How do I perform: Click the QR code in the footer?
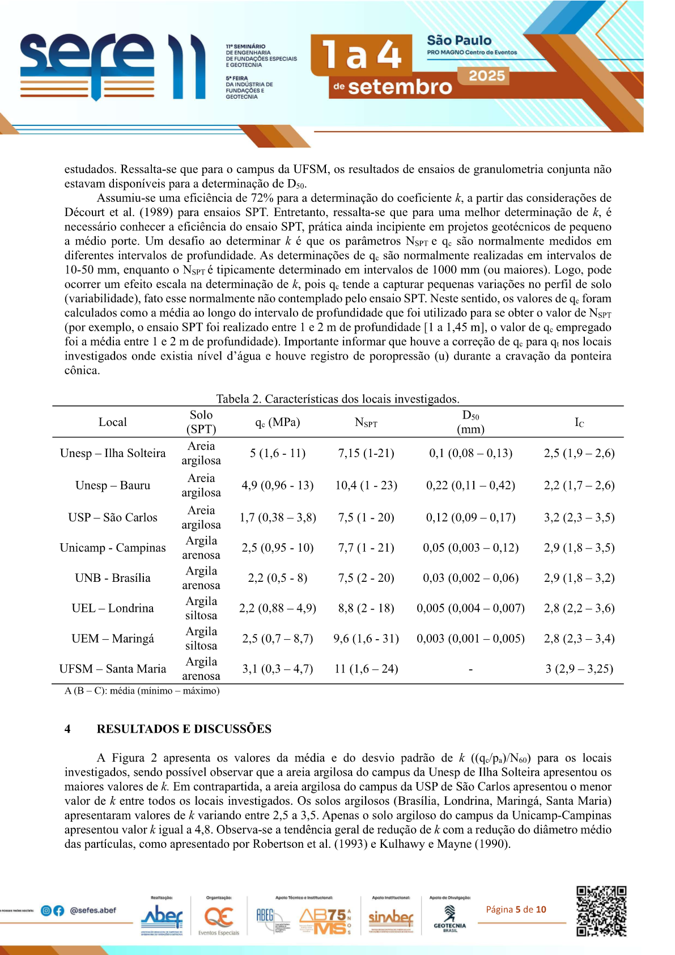[x=601, y=911]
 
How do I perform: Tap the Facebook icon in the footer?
[x=58, y=911]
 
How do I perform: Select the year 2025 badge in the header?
[x=486, y=76]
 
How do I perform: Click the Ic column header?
[x=579, y=422]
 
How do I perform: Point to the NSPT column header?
[x=366, y=422]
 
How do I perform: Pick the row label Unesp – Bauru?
[x=113, y=485]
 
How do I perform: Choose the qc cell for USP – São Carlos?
[x=278, y=517]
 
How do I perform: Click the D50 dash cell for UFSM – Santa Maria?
[x=470, y=669]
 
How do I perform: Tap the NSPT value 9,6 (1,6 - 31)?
[x=366, y=639]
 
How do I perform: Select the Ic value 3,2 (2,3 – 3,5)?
[x=579, y=517]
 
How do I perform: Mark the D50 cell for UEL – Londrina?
[x=470, y=608]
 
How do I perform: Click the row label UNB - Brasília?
[x=113, y=578]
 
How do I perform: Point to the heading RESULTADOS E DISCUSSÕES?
[x=184, y=729]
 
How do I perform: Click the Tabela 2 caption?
[x=338, y=399]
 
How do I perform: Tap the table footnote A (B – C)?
[x=142, y=691]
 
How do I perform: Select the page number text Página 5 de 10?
[x=516, y=910]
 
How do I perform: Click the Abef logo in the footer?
[x=162, y=915]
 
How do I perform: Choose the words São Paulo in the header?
[x=459, y=40]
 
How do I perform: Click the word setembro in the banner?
[x=400, y=87]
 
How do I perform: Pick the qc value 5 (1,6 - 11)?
[x=278, y=453]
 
